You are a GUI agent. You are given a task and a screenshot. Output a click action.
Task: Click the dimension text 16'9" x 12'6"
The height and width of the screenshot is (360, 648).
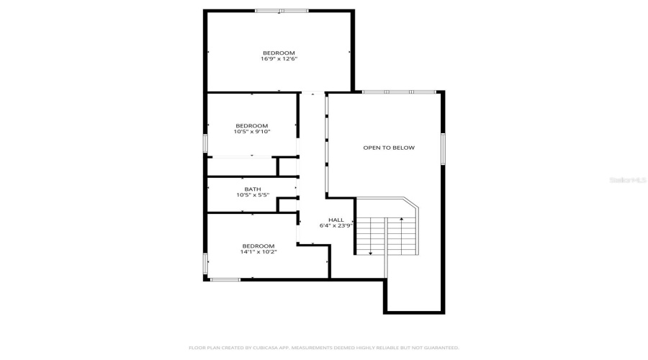(x=279, y=59)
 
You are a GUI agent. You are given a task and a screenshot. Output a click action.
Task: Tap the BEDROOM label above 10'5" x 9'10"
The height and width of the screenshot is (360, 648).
(x=251, y=125)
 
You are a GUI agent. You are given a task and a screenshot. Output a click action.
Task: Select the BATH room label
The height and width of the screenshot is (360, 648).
(x=252, y=189)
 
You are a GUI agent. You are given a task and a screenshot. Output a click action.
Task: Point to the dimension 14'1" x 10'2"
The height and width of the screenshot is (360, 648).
(x=258, y=252)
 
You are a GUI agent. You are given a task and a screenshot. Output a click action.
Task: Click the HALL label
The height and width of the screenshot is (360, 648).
(x=336, y=220)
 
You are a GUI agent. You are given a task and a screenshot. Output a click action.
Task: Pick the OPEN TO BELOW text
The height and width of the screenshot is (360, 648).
(x=389, y=148)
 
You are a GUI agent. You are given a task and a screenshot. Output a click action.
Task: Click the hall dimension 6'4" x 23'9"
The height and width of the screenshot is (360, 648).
(x=336, y=225)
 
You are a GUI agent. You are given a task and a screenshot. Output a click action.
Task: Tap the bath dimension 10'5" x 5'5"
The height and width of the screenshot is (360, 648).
(x=252, y=195)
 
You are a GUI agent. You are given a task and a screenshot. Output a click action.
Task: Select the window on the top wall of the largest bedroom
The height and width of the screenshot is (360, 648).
(x=282, y=11)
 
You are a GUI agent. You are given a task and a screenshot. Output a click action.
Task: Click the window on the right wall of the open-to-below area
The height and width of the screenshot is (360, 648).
(x=443, y=149)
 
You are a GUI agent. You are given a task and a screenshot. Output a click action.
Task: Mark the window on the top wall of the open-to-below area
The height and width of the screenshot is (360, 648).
(x=399, y=92)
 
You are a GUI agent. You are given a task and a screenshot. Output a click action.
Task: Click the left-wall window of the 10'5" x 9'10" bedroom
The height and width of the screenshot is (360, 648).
(x=206, y=144)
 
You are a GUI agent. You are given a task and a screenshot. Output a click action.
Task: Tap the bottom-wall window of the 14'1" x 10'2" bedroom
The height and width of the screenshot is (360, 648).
(x=225, y=279)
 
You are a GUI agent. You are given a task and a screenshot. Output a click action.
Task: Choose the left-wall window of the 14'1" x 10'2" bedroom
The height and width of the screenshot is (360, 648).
(x=206, y=264)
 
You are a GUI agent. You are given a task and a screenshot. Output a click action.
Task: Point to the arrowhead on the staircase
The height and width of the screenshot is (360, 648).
(x=371, y=253)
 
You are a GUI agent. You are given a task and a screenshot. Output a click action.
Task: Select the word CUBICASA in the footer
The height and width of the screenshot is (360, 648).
(x=261, y=348)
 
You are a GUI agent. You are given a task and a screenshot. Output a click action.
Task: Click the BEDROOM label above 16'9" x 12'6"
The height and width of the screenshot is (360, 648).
(x=279, y=53)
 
